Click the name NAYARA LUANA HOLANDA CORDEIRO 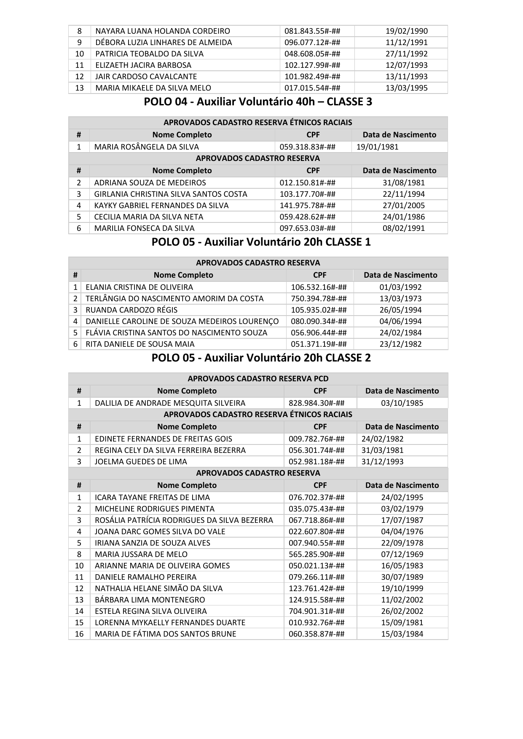click(163, 31)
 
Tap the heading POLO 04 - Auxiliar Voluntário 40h click(258, 102)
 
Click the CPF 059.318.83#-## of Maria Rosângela click(308, 147)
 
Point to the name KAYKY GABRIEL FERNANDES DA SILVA click(161, 206)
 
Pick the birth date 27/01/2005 click(404, 206)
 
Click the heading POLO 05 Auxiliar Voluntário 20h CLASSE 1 click(261, 242)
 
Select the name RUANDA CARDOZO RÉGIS click(131, 310)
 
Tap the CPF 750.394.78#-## click(319, 299)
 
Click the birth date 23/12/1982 click(400, 344)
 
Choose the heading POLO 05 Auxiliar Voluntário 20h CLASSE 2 click(261, 358)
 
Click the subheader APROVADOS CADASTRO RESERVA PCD click(258, 379)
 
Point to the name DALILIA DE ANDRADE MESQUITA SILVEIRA click(170, 403)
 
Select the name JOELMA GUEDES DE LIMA click(141, 462)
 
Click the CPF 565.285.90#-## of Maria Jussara click(316, 554)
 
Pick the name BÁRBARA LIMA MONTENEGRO click(150, 600)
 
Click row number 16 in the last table click(79, 634)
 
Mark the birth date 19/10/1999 click(402, 589)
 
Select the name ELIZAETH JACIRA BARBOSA click(143, 65)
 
